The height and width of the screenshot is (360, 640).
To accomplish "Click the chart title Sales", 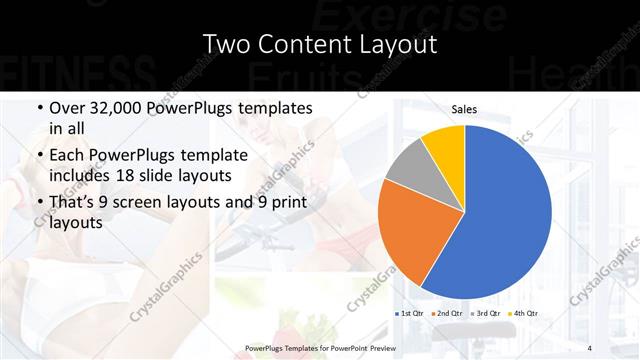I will tap(464, 109).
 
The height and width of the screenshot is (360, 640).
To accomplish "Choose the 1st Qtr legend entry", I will tap(411, 314).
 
